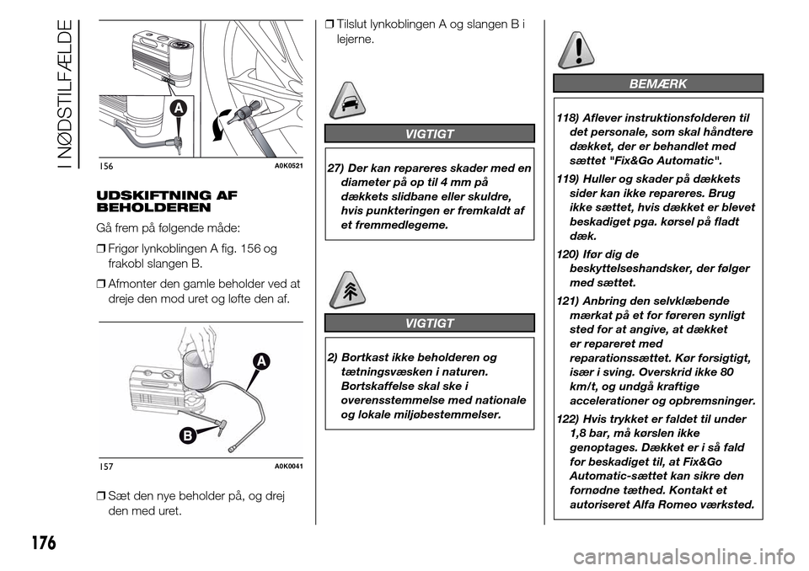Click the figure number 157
106,466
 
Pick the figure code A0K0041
287,466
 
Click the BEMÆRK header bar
658,83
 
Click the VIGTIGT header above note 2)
429,323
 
